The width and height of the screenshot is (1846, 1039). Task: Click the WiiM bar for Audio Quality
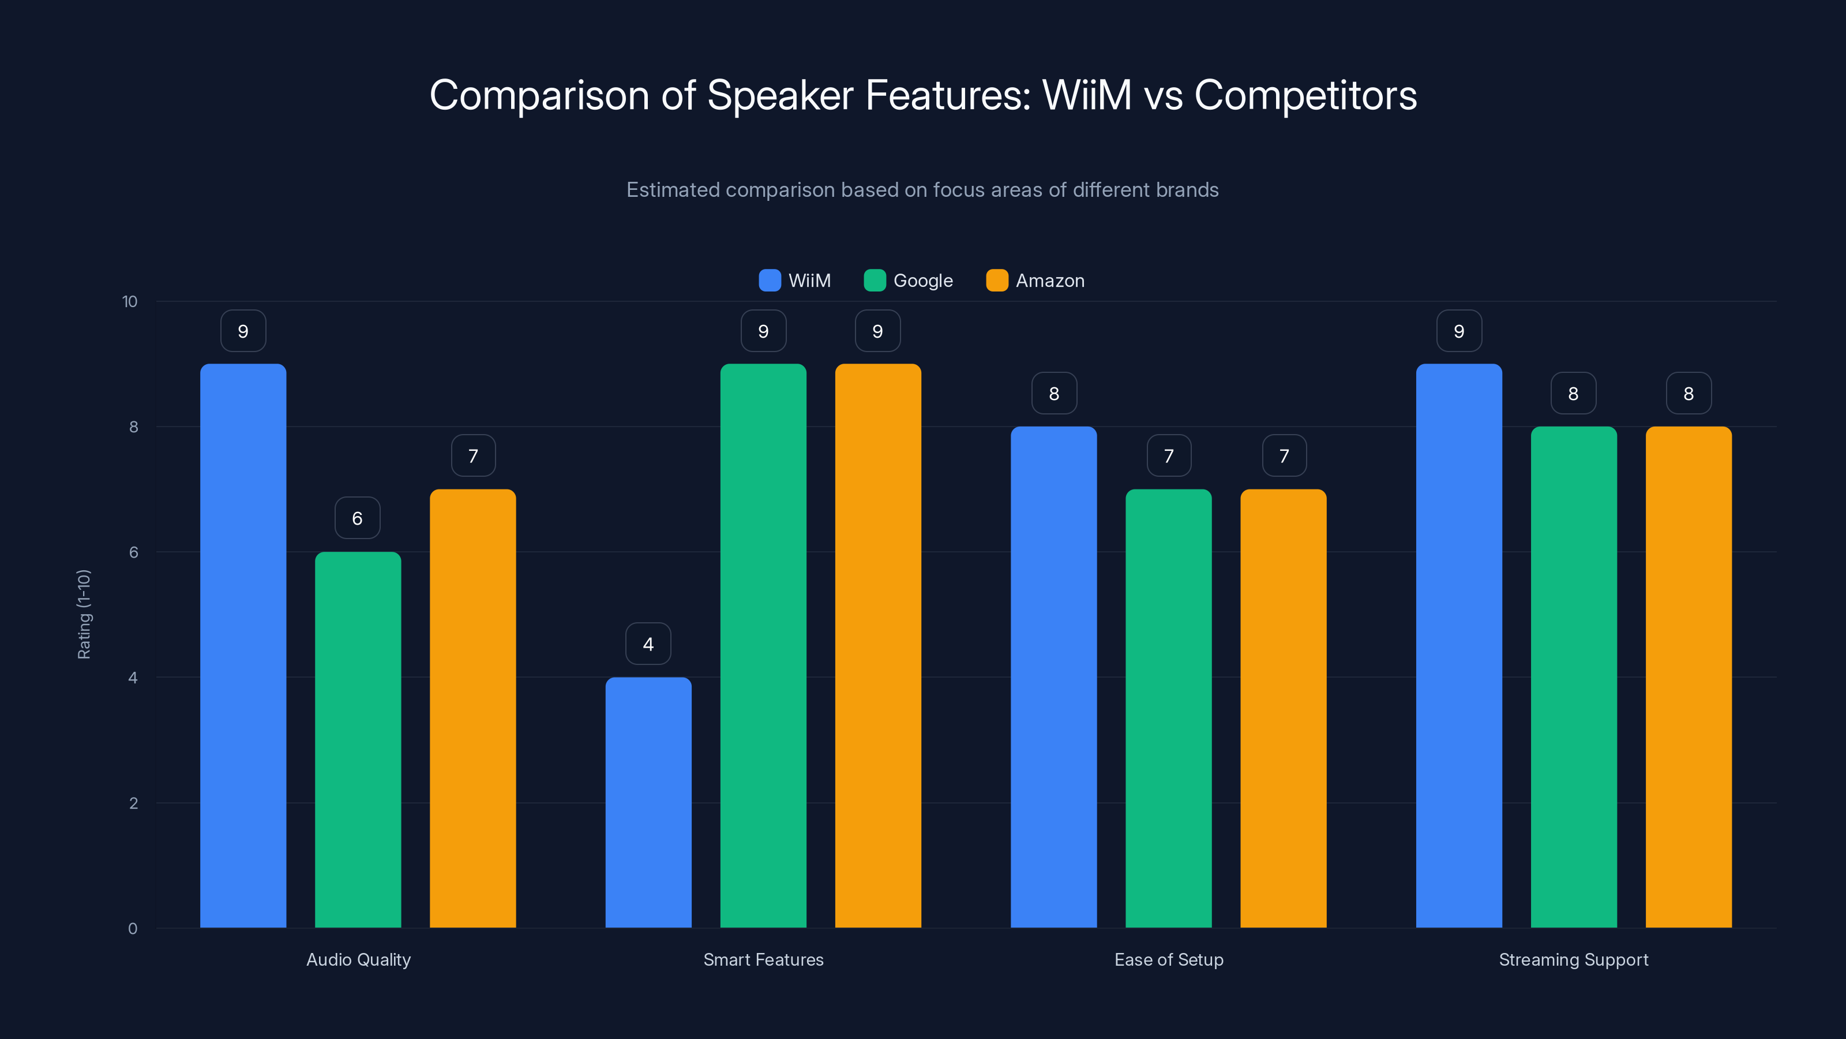pos(243,645)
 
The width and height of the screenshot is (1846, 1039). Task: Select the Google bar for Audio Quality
pos(358,739)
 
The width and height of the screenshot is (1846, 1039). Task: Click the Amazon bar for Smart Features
pos(878,645)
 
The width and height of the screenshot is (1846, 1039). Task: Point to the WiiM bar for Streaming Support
pos(1458,645)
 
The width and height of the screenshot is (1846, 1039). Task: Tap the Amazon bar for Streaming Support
pos(1689,677)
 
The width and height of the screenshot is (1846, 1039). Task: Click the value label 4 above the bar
pos(648,644)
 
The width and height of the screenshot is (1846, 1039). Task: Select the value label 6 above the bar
pos(357,518)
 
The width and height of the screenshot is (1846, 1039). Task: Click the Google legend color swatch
pos(875,281)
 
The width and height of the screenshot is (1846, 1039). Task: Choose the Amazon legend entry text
pos(1050,281)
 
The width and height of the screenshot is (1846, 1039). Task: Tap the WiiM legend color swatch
pos(769,281)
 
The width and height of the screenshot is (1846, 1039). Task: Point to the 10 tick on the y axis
pos(130,301)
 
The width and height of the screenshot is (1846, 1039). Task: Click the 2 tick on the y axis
pos(133,803)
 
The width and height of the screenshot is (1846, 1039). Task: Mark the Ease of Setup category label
pos(1168,959)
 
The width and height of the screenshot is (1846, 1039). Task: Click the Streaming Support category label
pos(1573,959)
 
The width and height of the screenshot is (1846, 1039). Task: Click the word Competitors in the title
pos(1305,95)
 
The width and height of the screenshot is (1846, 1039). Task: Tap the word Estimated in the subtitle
pos(672,190)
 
